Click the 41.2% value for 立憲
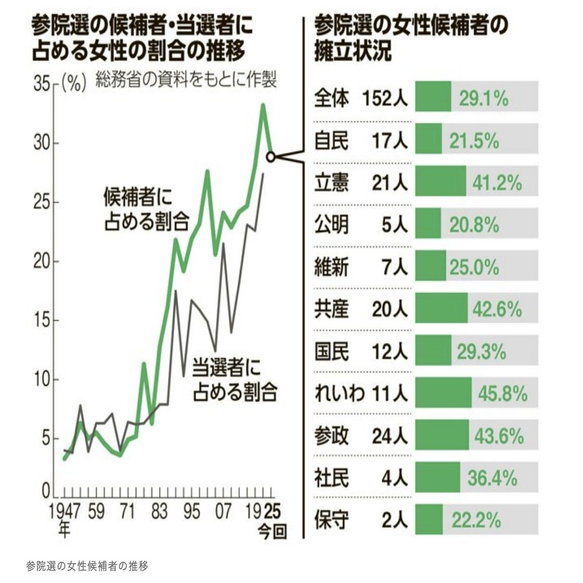click(x=494, y=183)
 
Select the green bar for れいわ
click(x=443, y=393)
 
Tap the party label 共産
click(x=332, y=309)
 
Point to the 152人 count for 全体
click(x=385, y=99)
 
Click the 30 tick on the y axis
click(x=42, y=144)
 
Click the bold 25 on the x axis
click(x=273, y=511)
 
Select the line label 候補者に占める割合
click(x=146, y=210)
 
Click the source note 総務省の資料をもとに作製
click(x=186, y=79)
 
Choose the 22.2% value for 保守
click(x=476, y=520)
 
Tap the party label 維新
click(x=332, y=267)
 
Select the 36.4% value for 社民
click(x=493, y=478)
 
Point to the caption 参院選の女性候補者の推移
click(x=87, y=565)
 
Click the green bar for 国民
click(x=433, y=351)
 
